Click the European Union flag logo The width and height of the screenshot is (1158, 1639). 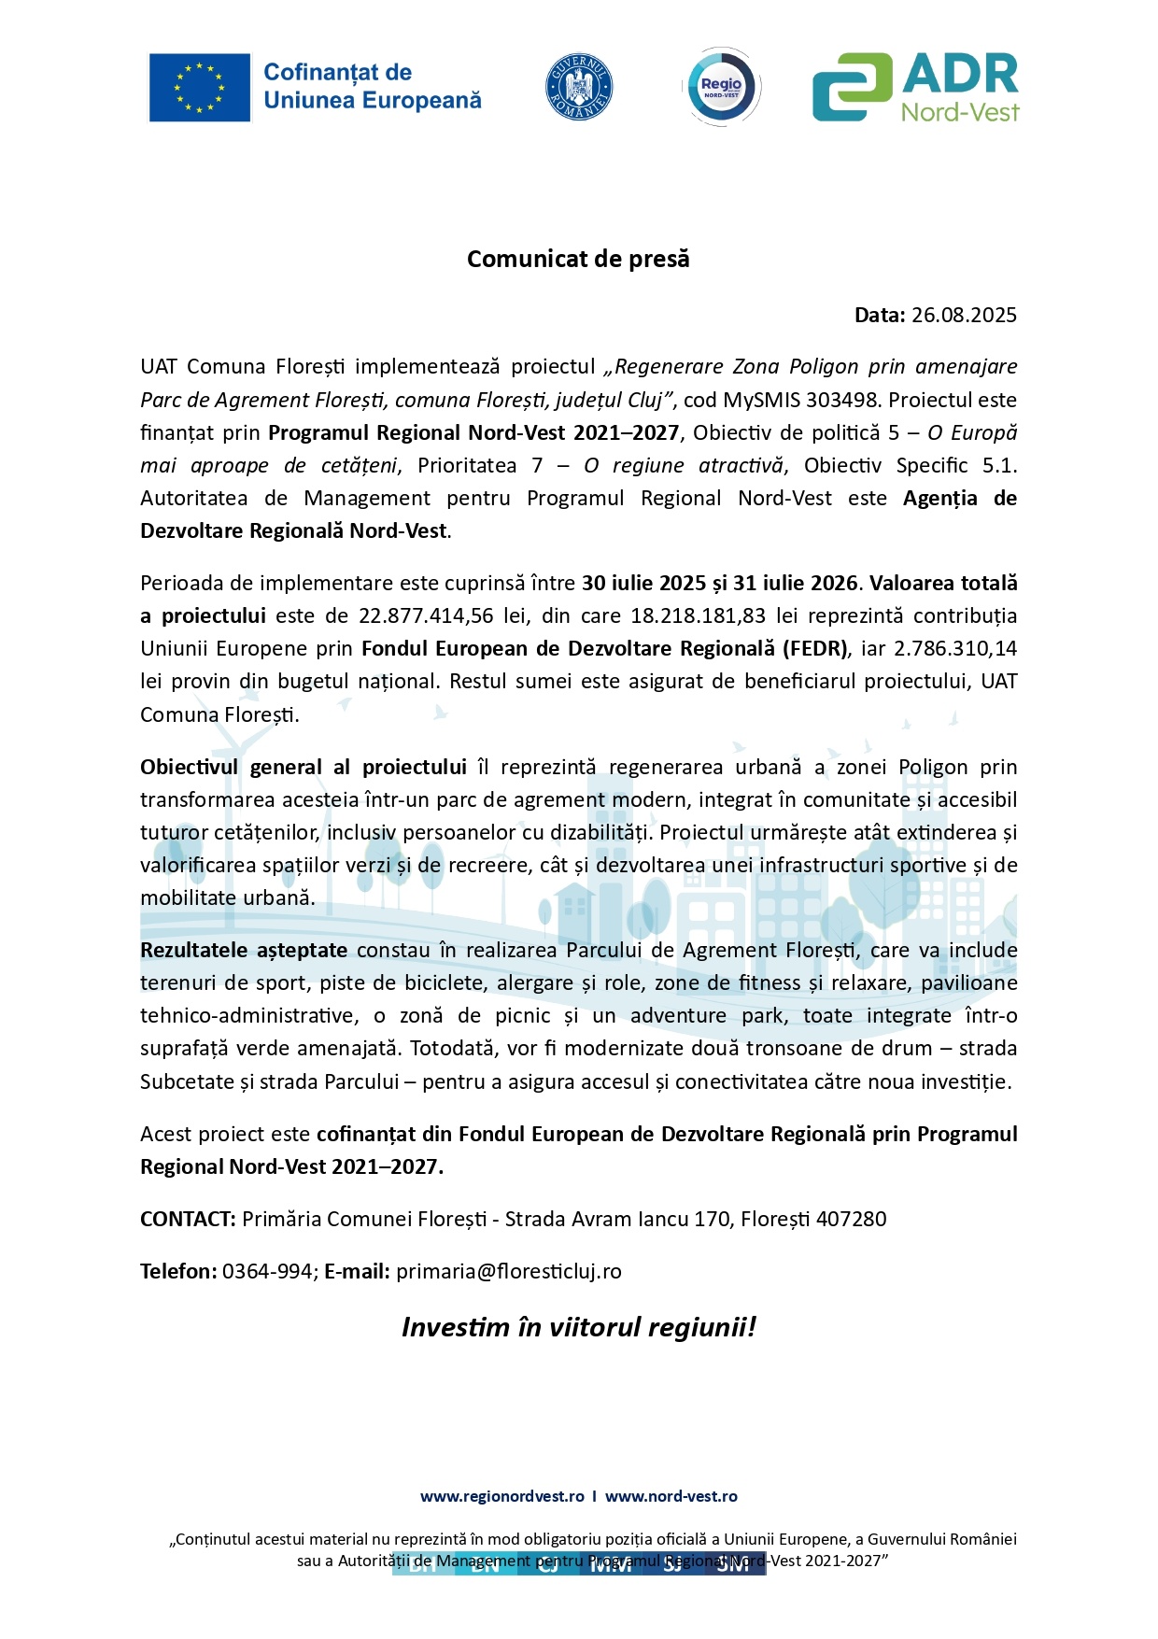click(x=200, y=87)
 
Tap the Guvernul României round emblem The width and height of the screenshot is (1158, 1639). click(x=578, y=87)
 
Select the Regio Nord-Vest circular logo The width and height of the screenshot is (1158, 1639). click(x=722, y=87)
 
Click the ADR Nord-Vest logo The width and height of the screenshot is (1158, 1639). click(x=915, y=87)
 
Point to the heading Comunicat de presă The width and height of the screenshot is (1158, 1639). click(x=578, y=259)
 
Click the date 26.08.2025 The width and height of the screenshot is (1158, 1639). click(x=964, y=315)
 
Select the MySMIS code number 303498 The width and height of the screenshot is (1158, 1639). click(x=842, y=400)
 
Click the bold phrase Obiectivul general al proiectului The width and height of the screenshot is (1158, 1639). click(x=304, y=767)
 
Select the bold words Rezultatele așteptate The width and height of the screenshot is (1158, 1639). click(x=244, y=950)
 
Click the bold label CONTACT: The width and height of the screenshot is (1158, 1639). click(x=188, y=1219)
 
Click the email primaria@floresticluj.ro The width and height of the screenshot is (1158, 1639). click(x=509, y=1271)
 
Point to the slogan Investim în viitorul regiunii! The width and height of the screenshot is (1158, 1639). click(x=578, y=1327)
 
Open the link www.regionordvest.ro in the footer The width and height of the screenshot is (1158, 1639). click(x=502, y=1496)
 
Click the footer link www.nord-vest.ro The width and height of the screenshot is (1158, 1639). click(x=671, y=1496)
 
